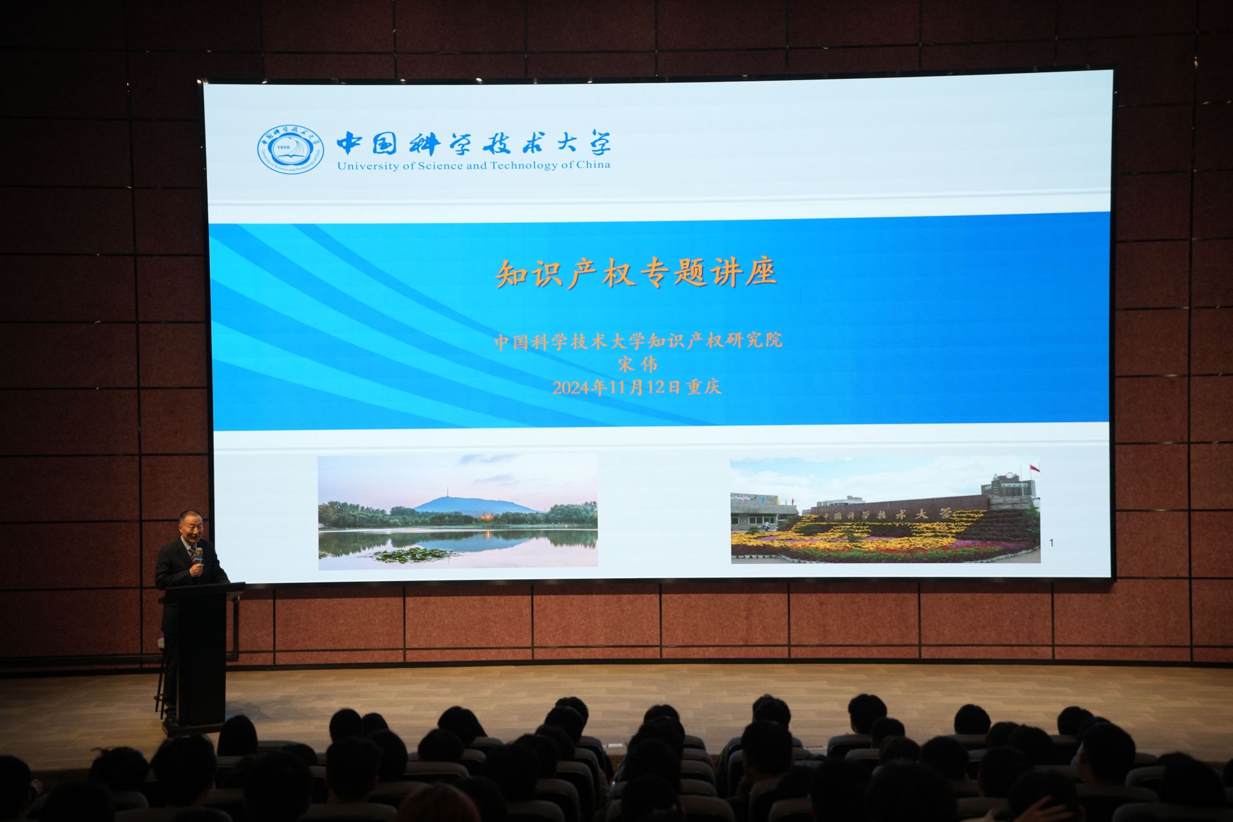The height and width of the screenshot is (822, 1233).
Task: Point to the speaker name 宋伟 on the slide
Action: [x=638, y=364]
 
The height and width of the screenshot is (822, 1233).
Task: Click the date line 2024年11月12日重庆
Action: [x=636, y=387]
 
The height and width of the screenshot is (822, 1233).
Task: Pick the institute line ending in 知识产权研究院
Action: [x=638, y=341]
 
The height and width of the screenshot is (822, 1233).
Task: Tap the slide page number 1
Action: [x=1051, y=543]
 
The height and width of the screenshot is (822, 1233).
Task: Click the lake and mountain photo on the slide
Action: [x=458, y=511]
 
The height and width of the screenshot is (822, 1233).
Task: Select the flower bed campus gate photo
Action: [x=885, y=511]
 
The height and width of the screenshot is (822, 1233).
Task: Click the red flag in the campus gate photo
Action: [x=1034, y=468]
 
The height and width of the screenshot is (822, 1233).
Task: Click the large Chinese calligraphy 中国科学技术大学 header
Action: [x=473, y=143]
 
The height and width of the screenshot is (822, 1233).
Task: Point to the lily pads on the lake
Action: [x=412, y=555]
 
